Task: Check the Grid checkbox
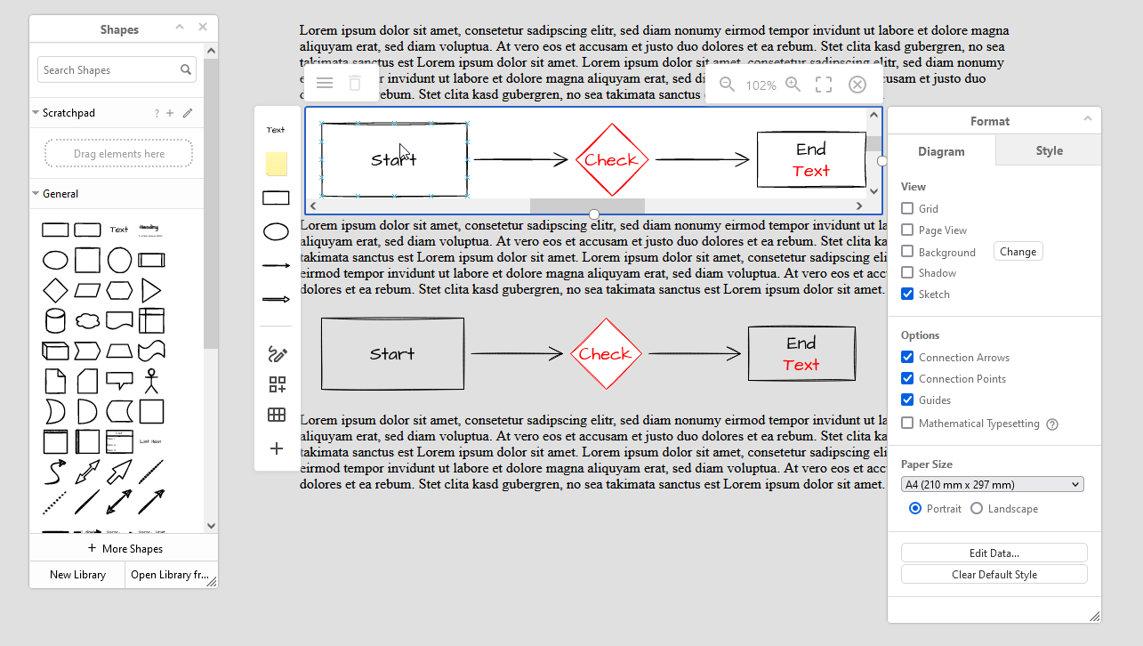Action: pyautogui.click(x=907, y=209)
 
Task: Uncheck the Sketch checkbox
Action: pyautogui.click(x=907, y=295)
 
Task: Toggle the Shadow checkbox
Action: pyautogui.click(x=907, y=273)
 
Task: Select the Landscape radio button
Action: pyautogui.click(x=977, y=509)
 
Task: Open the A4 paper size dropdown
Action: pyautogui.click(x=992, y=485)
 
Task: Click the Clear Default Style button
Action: pyautogui.click(x=994, y=575)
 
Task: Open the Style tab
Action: pyautogui.click(x=1049, y=151)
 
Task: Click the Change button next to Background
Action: pyautogui.click(x=1018, y=252)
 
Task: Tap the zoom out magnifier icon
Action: pyautogui.click(x=728, y=85)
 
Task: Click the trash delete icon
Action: pyautogui.click(x=355, y=84)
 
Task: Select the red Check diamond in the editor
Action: pyautogui.click(x=611, y=160)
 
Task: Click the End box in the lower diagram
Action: pyautogui.click(x=801, y=353)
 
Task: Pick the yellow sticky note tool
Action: pyautogui.click(x=277, y=164)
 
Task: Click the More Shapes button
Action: pyautogui.click(x=125, y=549)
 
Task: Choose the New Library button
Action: pyautogui.click(x=77, y=575)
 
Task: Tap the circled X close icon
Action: pyautogui.click(x=857, y=85)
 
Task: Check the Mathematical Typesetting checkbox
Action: pyautogui.click(x=907, y=424)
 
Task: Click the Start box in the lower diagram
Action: pyautogui.click(x=392, y=353)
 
